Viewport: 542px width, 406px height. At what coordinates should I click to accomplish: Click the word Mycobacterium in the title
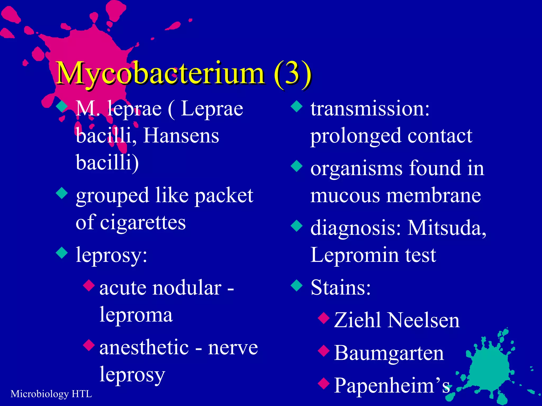[160, 73]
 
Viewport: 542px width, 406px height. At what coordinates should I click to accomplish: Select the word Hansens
[181, 136]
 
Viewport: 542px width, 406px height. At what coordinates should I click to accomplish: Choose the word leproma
[136, 315]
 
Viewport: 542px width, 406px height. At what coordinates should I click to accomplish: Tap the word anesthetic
[144, 347]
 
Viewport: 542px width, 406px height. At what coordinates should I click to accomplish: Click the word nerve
[233, 348]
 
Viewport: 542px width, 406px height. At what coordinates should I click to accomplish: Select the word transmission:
[370, 109]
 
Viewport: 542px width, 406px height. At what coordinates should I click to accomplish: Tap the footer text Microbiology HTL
[51, 394]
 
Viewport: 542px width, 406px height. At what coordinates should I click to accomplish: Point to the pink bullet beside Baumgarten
[324, 351]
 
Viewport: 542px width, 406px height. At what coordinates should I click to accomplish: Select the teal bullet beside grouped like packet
[62, 193]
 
